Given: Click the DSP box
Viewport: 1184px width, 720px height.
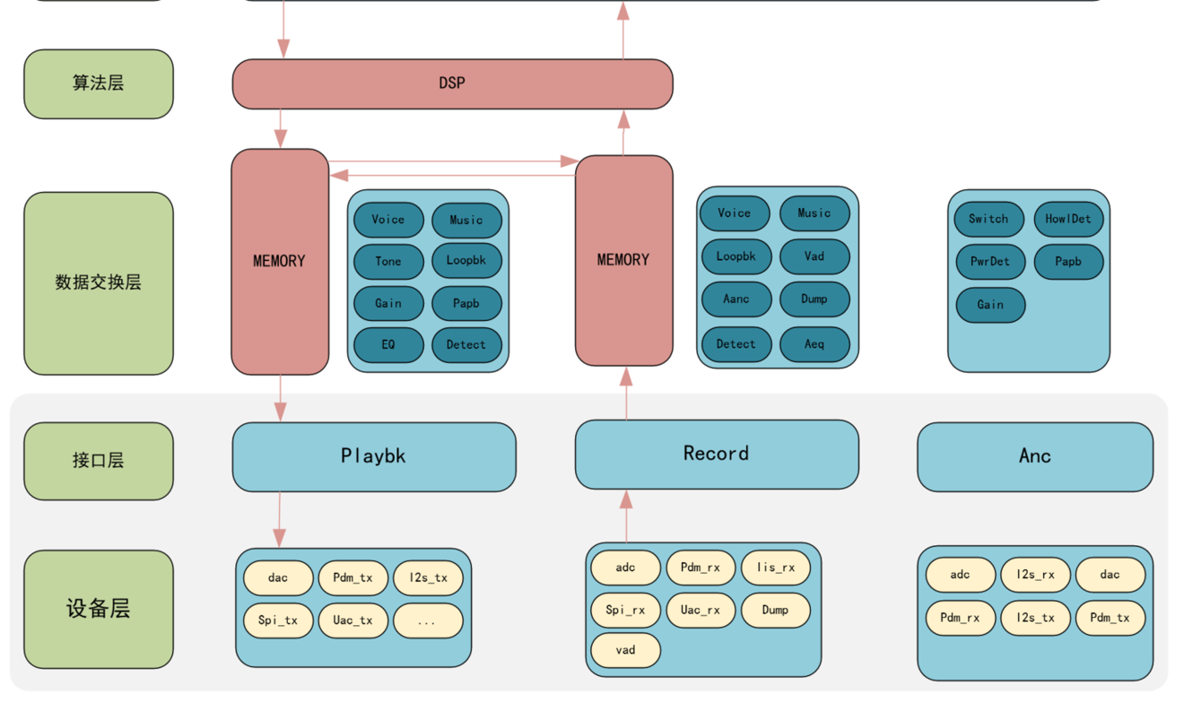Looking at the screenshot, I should coord(452,83).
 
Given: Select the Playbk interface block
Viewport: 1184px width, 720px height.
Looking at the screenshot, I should coord(373,456).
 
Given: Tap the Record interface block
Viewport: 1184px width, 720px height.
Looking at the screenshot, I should coord(716,454).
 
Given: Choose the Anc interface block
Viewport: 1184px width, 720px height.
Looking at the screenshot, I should coord(1034,456).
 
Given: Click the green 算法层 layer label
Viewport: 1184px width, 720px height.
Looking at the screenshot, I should coord(98,83).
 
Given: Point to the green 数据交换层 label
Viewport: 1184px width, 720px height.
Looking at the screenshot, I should coord(98,282).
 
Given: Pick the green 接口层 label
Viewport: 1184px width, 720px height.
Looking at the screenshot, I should coord(98,461).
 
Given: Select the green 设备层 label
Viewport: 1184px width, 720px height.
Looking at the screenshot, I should coord(98,609).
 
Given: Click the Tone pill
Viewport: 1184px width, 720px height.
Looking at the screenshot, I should coord(388,262).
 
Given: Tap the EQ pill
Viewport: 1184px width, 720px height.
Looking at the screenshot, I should coord(388,345).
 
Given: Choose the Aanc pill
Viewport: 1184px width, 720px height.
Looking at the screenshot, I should coord(736,299).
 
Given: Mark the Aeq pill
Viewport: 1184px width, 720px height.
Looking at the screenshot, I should coord(814,344).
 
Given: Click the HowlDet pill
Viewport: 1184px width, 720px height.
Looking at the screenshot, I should coord(1067,219).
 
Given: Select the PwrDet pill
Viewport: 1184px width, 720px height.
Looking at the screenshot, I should coord(989,262).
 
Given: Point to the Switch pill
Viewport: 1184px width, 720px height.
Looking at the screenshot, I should coord(988,219).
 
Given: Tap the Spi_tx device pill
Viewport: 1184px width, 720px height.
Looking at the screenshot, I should coord(278,620).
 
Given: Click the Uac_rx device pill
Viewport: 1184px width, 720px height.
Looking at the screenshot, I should coord(700,611).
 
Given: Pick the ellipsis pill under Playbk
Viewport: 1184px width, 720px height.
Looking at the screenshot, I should coord(427,620).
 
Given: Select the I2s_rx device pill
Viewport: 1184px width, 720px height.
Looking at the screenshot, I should coord(1034,575).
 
